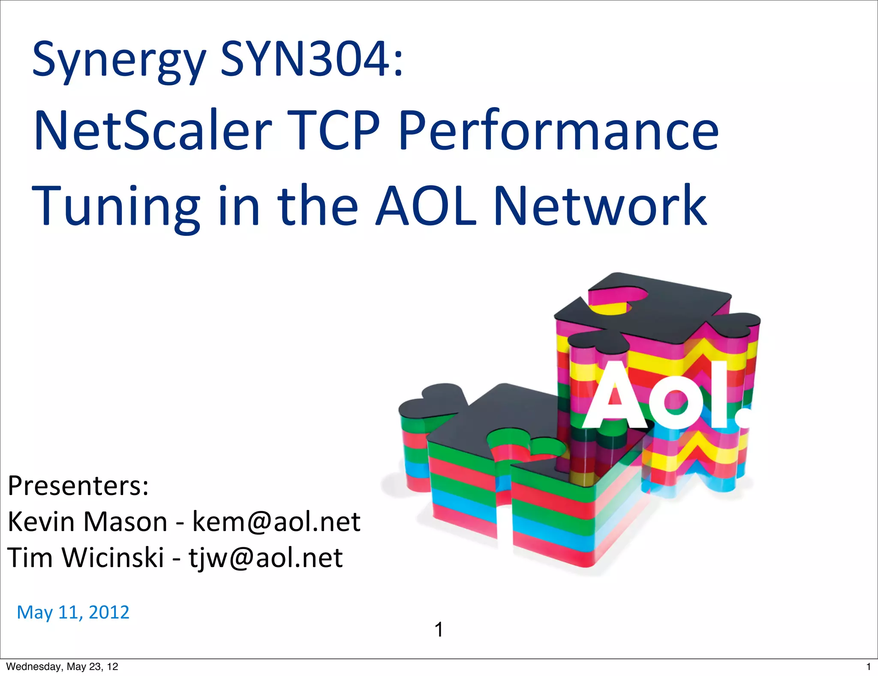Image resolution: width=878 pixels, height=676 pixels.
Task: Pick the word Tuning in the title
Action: tap(116, 206)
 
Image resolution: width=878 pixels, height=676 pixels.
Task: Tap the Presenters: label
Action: tap(78, 486)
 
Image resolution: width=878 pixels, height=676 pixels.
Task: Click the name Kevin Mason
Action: tap(87, 522)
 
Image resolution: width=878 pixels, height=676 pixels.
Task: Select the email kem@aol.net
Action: tap(276, 522)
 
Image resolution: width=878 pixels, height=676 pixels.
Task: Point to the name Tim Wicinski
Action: tap(86, 558)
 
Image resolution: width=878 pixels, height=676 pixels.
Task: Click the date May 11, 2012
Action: tap(73, 612)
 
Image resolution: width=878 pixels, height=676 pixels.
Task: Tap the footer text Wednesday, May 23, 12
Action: tap(62, 667)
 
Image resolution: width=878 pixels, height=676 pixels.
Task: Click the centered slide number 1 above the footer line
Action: tap(439, 630)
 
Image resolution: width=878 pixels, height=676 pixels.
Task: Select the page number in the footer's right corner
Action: tap(869, 667)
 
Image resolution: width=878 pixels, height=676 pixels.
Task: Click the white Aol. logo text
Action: tap(667, 397)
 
